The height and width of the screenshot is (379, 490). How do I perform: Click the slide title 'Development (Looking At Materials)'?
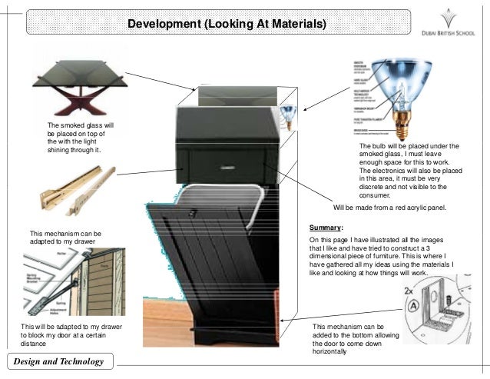(x=227, y=25)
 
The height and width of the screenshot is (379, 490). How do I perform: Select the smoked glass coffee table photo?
(x=79, y=85)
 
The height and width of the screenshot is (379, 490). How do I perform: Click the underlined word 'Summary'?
(x=326, y=228)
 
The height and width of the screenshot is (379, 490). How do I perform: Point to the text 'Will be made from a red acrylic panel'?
(x=389, y=208)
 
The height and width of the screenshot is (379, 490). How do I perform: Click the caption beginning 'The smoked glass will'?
(x=80, y=137)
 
